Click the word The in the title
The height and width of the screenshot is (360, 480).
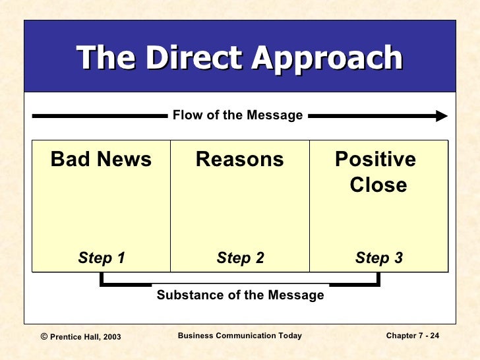pos(105,58)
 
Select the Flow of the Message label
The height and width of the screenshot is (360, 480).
pos(237,116)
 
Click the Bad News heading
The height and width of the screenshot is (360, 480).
pos(101,160)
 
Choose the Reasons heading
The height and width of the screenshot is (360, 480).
pos(240,160)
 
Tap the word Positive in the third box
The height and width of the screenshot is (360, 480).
pos(375,160)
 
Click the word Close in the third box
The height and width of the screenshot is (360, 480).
pos(378,185)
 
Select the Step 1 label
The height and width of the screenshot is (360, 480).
pos(102,258)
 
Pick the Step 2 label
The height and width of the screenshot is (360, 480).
pos(240,258)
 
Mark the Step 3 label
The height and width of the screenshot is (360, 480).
pos(379,258)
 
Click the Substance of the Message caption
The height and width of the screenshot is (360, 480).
pos(240,295)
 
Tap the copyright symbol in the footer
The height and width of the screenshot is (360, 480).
pos(44,336)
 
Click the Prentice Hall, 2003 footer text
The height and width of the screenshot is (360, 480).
pos(86,337)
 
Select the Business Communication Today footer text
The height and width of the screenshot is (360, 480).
pos(240,336)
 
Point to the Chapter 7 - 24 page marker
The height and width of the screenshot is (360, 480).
pos(413,336)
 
